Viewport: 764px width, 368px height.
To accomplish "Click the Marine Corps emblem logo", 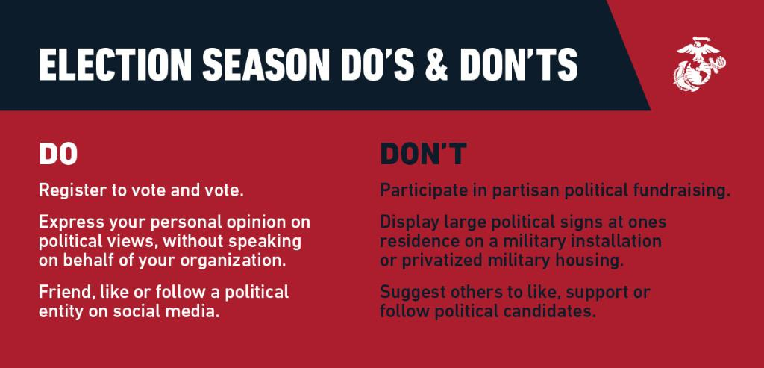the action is (x=700, y=64).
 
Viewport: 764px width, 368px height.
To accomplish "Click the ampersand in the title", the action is (x=436, y=64).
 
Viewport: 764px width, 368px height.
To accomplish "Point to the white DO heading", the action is (x=58, y=154).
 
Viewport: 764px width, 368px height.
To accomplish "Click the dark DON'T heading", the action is (x=424, y=154).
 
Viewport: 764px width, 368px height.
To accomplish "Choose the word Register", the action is (x=73, y=191).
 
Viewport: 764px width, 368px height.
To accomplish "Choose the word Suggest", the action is (x=413, y=293).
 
